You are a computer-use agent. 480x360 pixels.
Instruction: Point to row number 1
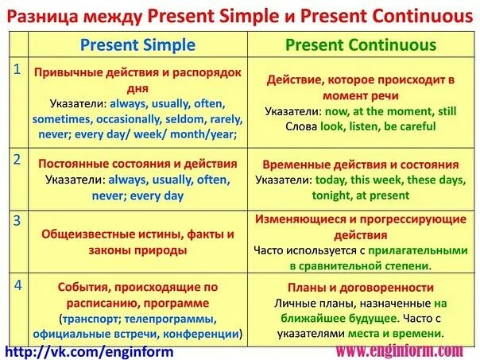[15, 69]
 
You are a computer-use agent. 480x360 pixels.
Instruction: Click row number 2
[15, 159]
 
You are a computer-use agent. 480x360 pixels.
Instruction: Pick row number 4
[15, 283]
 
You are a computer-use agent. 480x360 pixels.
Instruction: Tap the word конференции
[202, 334]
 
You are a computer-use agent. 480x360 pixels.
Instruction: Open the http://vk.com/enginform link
[89, 350]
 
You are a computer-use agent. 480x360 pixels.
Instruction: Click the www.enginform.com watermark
[399, 350]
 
